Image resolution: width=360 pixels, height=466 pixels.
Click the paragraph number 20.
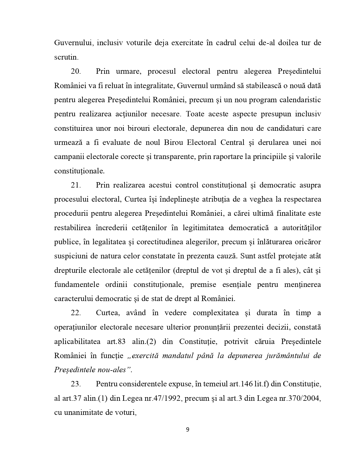(76, 71)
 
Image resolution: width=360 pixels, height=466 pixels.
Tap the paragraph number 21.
(76, 185)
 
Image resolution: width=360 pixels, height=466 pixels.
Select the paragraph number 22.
(76, 313)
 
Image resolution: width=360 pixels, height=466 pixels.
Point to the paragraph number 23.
(76, 384)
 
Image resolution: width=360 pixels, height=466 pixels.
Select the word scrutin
(66, 57)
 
